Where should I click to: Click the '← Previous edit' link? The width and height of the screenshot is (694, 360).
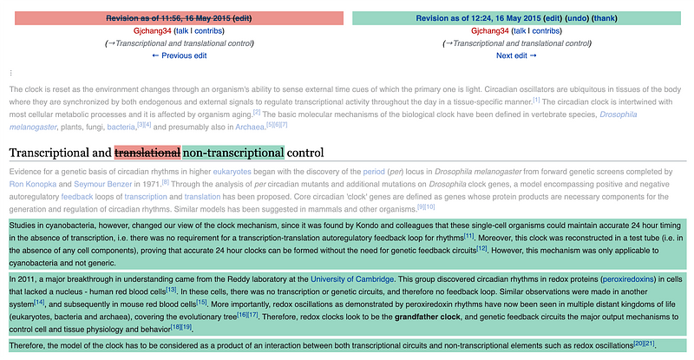click(x=179, y=56)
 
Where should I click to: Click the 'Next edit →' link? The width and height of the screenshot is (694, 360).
click(x=517, y=56)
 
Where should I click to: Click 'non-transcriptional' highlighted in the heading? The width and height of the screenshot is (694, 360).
click(x=233, y=153)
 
